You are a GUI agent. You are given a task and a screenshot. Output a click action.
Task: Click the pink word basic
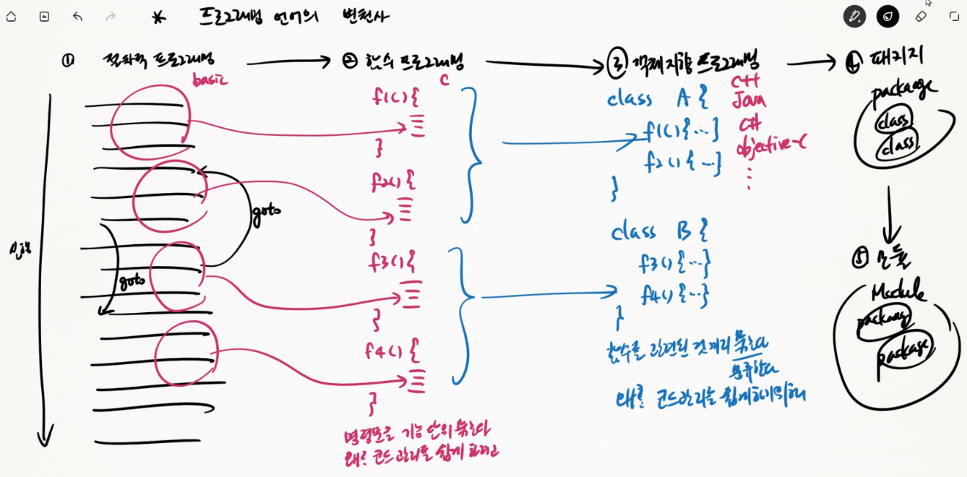(210, 79)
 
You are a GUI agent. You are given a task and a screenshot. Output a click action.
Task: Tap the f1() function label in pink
(395, 98)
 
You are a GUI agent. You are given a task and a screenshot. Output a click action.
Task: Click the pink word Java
(748, 101)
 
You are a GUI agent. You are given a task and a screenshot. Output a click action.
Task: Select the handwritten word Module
(898, 293)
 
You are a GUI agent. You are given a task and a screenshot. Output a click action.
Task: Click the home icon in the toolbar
(11, 17)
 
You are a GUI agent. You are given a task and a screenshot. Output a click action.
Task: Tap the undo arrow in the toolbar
(77, 17)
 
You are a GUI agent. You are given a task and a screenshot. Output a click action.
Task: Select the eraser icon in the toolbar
(921, 16)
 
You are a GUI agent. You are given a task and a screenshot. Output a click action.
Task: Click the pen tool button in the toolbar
(854, 16)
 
